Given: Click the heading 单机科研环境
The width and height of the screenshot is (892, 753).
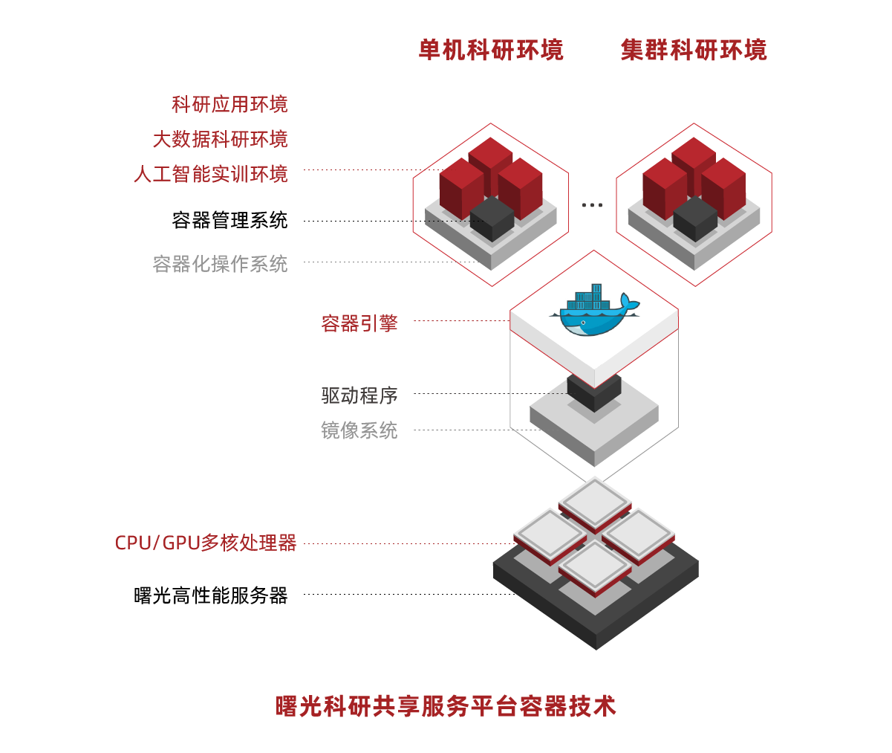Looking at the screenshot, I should [491, 51].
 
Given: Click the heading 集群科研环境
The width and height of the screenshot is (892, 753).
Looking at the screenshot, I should [694, 51].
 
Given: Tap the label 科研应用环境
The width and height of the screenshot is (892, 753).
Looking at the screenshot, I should [229, 105].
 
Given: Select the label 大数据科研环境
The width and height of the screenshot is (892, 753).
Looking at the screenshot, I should [220, 140].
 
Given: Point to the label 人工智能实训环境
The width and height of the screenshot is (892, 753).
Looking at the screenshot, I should [211, 175].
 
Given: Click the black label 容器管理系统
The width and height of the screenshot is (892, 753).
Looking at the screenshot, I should [229, 221].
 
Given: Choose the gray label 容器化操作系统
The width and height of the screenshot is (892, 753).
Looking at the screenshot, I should [220, 264].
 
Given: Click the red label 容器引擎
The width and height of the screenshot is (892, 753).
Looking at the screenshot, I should [359, 323].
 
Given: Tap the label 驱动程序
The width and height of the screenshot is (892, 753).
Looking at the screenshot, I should [359, 395].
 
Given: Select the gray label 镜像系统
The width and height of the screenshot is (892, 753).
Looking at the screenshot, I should [359, 430].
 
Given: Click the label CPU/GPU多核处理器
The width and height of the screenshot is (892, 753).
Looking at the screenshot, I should [206, 543].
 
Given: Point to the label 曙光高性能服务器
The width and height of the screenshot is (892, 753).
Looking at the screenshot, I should [211, 595].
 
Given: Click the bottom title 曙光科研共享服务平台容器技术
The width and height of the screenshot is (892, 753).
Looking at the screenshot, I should [446, 706].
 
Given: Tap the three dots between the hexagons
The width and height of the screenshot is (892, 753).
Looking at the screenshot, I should [592, 204].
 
